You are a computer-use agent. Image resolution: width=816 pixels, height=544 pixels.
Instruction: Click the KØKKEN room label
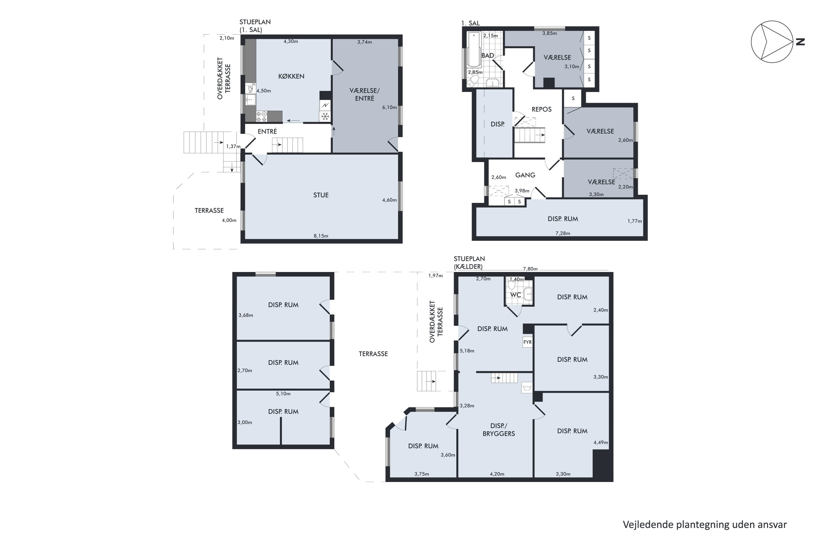pyautogui.click(x=291, y=76)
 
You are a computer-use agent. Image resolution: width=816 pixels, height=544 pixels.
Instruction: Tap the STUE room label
pyautogui.click(x=321, y=195)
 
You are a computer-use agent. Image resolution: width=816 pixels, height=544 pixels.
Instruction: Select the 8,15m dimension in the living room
pyautogui.click(x=321, y=236)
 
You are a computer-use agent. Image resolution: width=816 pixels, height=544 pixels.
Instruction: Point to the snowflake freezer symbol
pyautogui.click(x=325, y=116)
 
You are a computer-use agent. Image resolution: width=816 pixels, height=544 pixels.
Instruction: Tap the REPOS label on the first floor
pyautogui.click(x=542, y=109)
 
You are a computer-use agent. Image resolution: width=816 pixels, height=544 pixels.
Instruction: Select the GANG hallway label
pyautogui.click(x=525, y=175)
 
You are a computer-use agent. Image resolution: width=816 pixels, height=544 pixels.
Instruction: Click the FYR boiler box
pyautogui.click(x=527, y=342)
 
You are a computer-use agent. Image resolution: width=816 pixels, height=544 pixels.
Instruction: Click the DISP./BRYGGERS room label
pyautogui.click(x=499, y=429)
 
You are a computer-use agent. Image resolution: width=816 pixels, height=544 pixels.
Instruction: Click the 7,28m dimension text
pyautogui.click(x=563, y=233)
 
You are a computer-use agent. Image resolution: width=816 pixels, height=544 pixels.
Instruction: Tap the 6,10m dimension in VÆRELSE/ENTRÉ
pyautogui.click(x=389, y=107)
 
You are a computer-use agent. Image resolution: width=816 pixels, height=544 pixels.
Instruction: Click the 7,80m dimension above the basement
pyautogui.click(x=530, y=269)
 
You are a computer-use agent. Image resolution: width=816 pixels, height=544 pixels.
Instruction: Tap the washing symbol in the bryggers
pyautogui.click(x=527, y=388)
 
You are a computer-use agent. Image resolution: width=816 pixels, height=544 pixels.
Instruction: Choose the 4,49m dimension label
pyautogui.click(x=601, y=443)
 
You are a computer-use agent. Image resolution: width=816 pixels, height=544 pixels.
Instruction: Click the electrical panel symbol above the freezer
pyautogui.click(x=325, y=105)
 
